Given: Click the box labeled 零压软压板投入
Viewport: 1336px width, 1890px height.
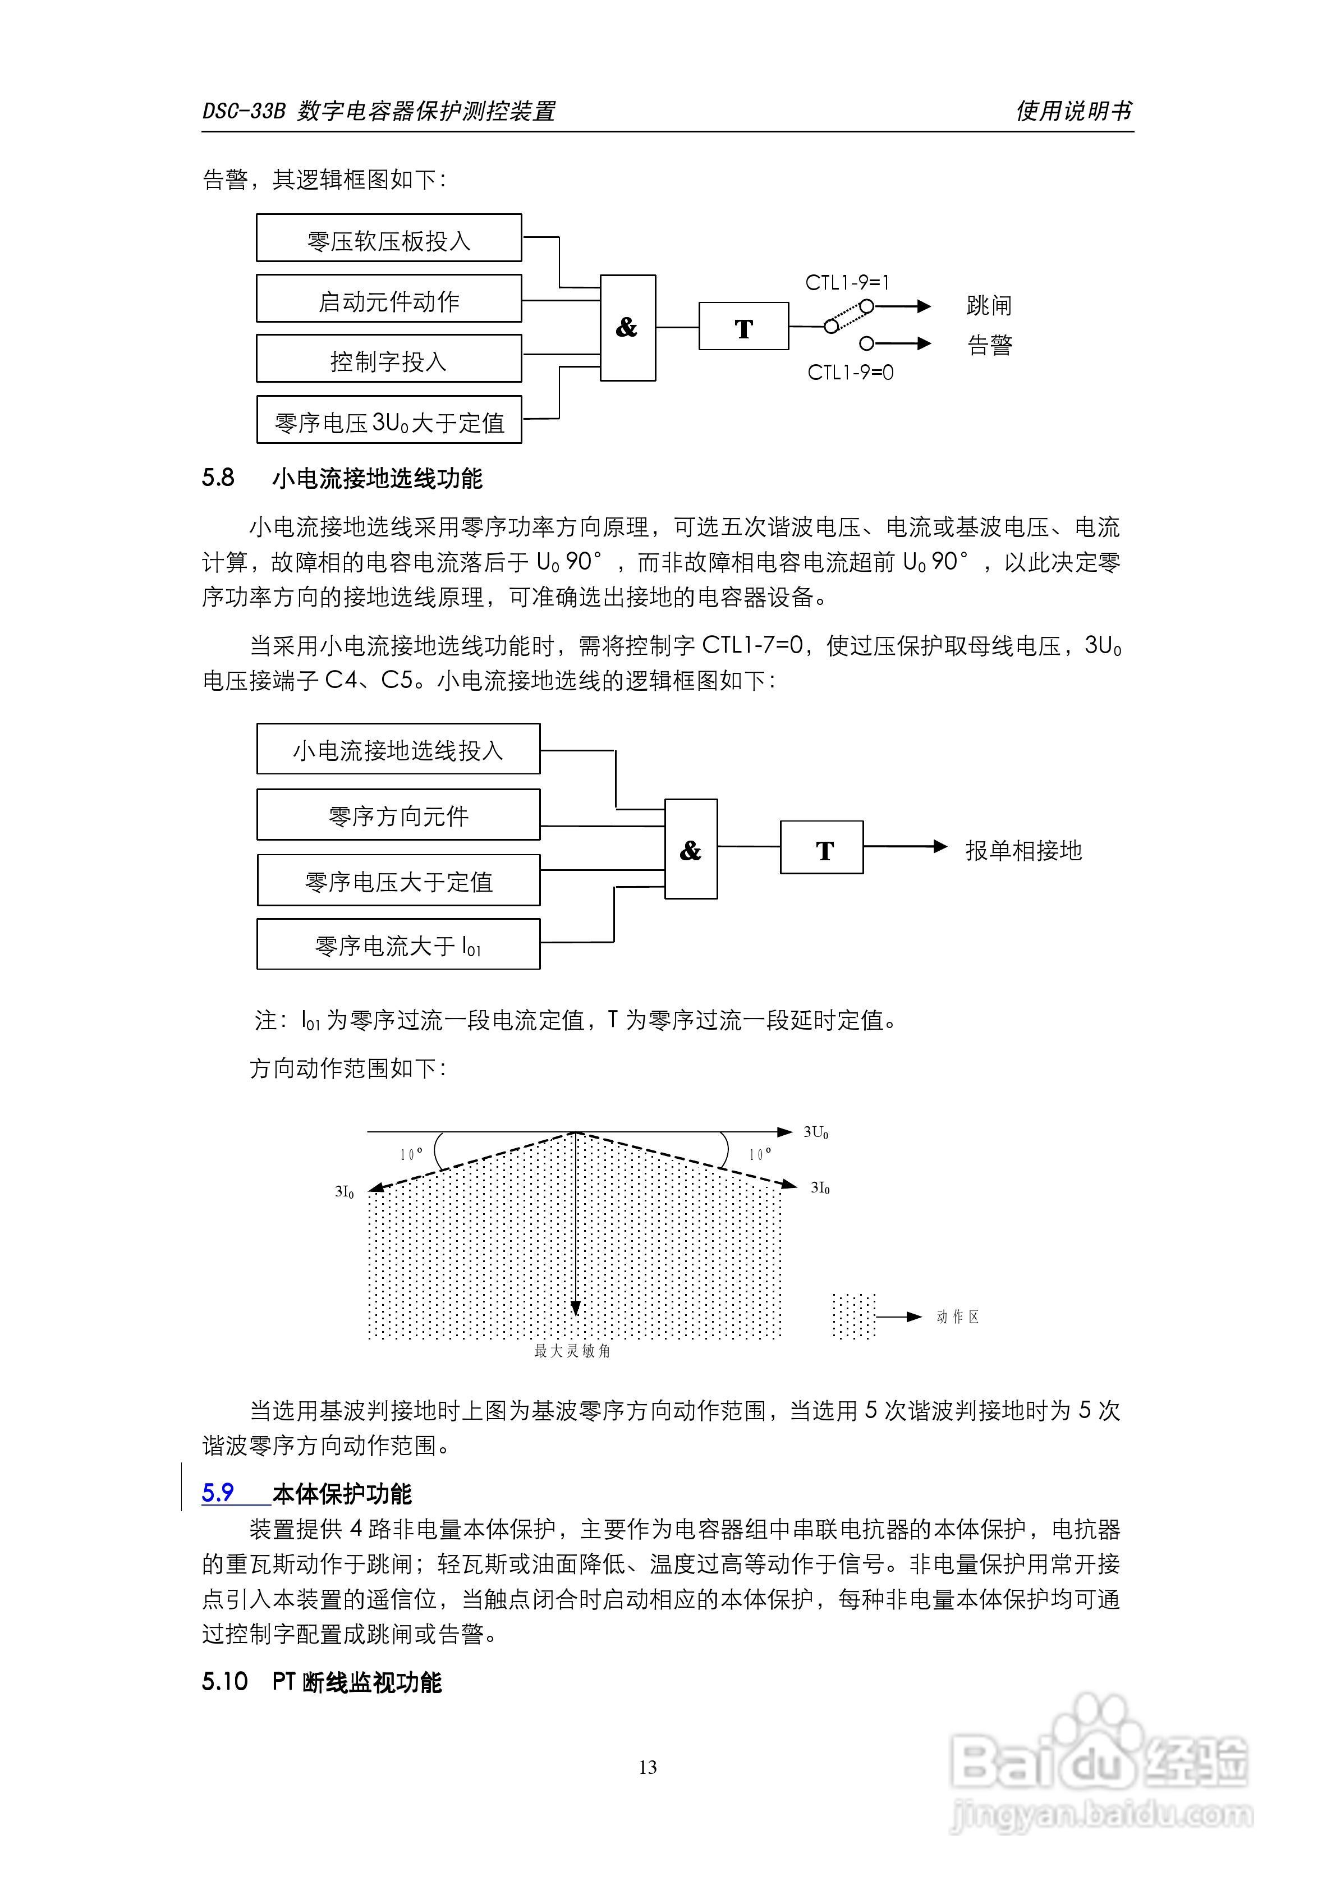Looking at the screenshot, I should (x=388, y=238).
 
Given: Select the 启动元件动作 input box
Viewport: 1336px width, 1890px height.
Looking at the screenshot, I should (x=388, y=299).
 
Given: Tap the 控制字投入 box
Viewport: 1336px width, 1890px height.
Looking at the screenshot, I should (x=388, y=359).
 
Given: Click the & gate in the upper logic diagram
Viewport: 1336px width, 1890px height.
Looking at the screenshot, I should (x=627, y=328).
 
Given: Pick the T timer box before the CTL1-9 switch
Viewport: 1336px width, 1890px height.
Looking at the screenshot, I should (x=743, y=327).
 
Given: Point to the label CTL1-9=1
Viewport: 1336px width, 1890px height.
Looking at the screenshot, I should (x=847, y=283).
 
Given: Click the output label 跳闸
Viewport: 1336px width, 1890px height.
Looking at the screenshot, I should (x=989, y=306).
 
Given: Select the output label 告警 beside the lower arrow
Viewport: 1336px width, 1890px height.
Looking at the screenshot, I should (x=989, y=345).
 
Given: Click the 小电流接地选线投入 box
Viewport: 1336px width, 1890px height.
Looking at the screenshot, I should (x=398, y=749).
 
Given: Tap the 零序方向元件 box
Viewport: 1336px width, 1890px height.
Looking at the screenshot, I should (x=398, y=815).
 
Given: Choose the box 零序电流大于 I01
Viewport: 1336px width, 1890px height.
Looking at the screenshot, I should (x=398, y=945).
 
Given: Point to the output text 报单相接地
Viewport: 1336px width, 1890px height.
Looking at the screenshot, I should (x=1023, y=850).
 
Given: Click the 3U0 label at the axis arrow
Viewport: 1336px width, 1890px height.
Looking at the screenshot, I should (x=816, y=1132).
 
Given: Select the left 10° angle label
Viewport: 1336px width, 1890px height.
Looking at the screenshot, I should (x=412, y=1154).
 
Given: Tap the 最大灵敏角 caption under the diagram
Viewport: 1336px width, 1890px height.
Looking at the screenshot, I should (x=572, y=1351).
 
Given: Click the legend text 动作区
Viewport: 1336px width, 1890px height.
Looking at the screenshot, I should (x=957, y=1317).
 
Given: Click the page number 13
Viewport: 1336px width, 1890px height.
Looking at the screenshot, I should (x=648, y=1767).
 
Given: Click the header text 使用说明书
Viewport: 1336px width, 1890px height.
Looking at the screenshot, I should (x=1073, y=111).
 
